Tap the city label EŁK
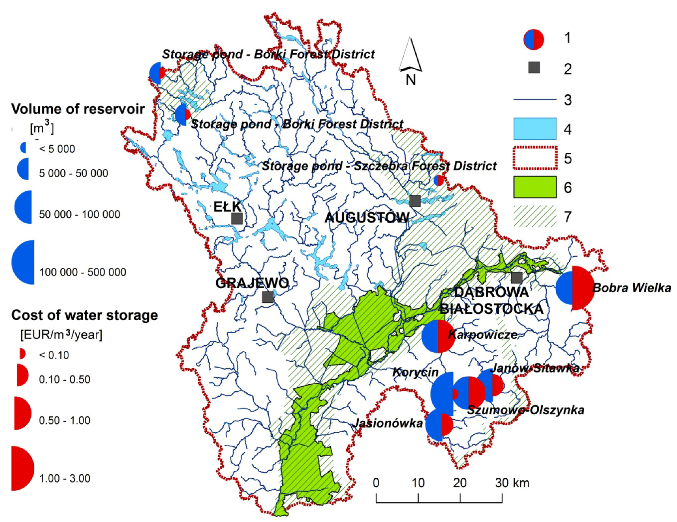pyautogui.click(x=227, y=206)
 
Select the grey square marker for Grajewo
pyautogui.click(x=268, y=297)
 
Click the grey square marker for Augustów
pyautogui.click(x=415, y=201)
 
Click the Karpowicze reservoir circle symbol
pyautogui.click(x=438, y=336)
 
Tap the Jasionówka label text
pyautogui.click(x=388, y=423)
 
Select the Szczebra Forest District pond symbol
pyautogui.click(x=438, y=181)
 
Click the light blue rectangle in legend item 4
pyautogui.click(x=535, y=129)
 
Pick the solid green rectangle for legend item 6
pyautogui.click(x=535, y=187)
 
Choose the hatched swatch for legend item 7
pyautogui.click(x=535, y=216)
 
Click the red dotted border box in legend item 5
pyautogui.click(x=535, y=158)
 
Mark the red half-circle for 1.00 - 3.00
pyautogui.click(x=23, y=468)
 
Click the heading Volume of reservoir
pyautogui.click(x=78, y=109)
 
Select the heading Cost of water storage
pyautogui.click(x=84, y=315)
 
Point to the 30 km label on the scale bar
pyautogui.click(x=512, y=483)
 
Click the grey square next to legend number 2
pyautogui.click(x=534, y=68)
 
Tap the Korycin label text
pyautogui.click(x=415, y=372)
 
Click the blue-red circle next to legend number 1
pyautogui.click(x=534, y=39)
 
